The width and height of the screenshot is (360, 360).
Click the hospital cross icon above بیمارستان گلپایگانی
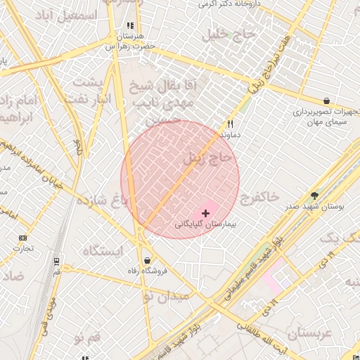205,212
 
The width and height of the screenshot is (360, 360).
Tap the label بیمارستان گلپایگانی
205,226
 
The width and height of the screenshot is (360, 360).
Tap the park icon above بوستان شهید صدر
314,197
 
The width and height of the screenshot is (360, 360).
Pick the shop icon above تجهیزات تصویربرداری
328,101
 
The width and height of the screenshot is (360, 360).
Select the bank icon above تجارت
23,238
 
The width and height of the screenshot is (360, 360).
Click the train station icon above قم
56,260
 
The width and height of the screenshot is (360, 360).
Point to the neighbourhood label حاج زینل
207,157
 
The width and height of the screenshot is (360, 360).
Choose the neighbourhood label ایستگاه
103,250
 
